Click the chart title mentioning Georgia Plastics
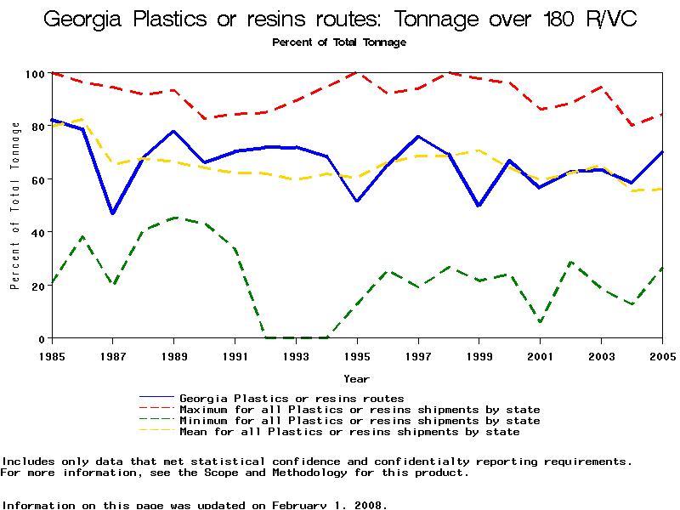(340, 20)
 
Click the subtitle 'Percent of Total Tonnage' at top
(339, 42)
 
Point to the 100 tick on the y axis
(34, 74)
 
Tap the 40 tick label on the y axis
(37, 232)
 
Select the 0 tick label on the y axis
(41, 338)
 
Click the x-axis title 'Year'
(356, 378)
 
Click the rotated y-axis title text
(15, 206)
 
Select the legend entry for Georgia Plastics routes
(292, 398)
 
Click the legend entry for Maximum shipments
(360, 410)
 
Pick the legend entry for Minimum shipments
(360, 421)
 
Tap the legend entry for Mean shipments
(349, 432)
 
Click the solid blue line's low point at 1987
(113, 213)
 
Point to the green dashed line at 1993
(296, 337)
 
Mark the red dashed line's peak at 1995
(357, 73)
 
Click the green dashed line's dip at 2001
(540, 321)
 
